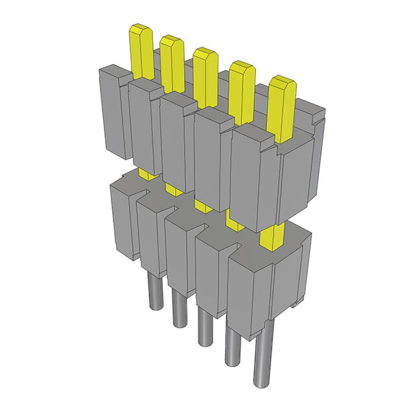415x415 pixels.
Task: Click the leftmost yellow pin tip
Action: tap(141, 49)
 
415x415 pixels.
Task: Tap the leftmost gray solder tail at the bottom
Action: tap(154, 289)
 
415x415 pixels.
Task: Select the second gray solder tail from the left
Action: tap(179, 308)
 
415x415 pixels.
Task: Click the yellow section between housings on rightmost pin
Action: tap(272, 237)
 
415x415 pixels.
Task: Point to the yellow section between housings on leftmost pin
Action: tap(148, 174)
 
